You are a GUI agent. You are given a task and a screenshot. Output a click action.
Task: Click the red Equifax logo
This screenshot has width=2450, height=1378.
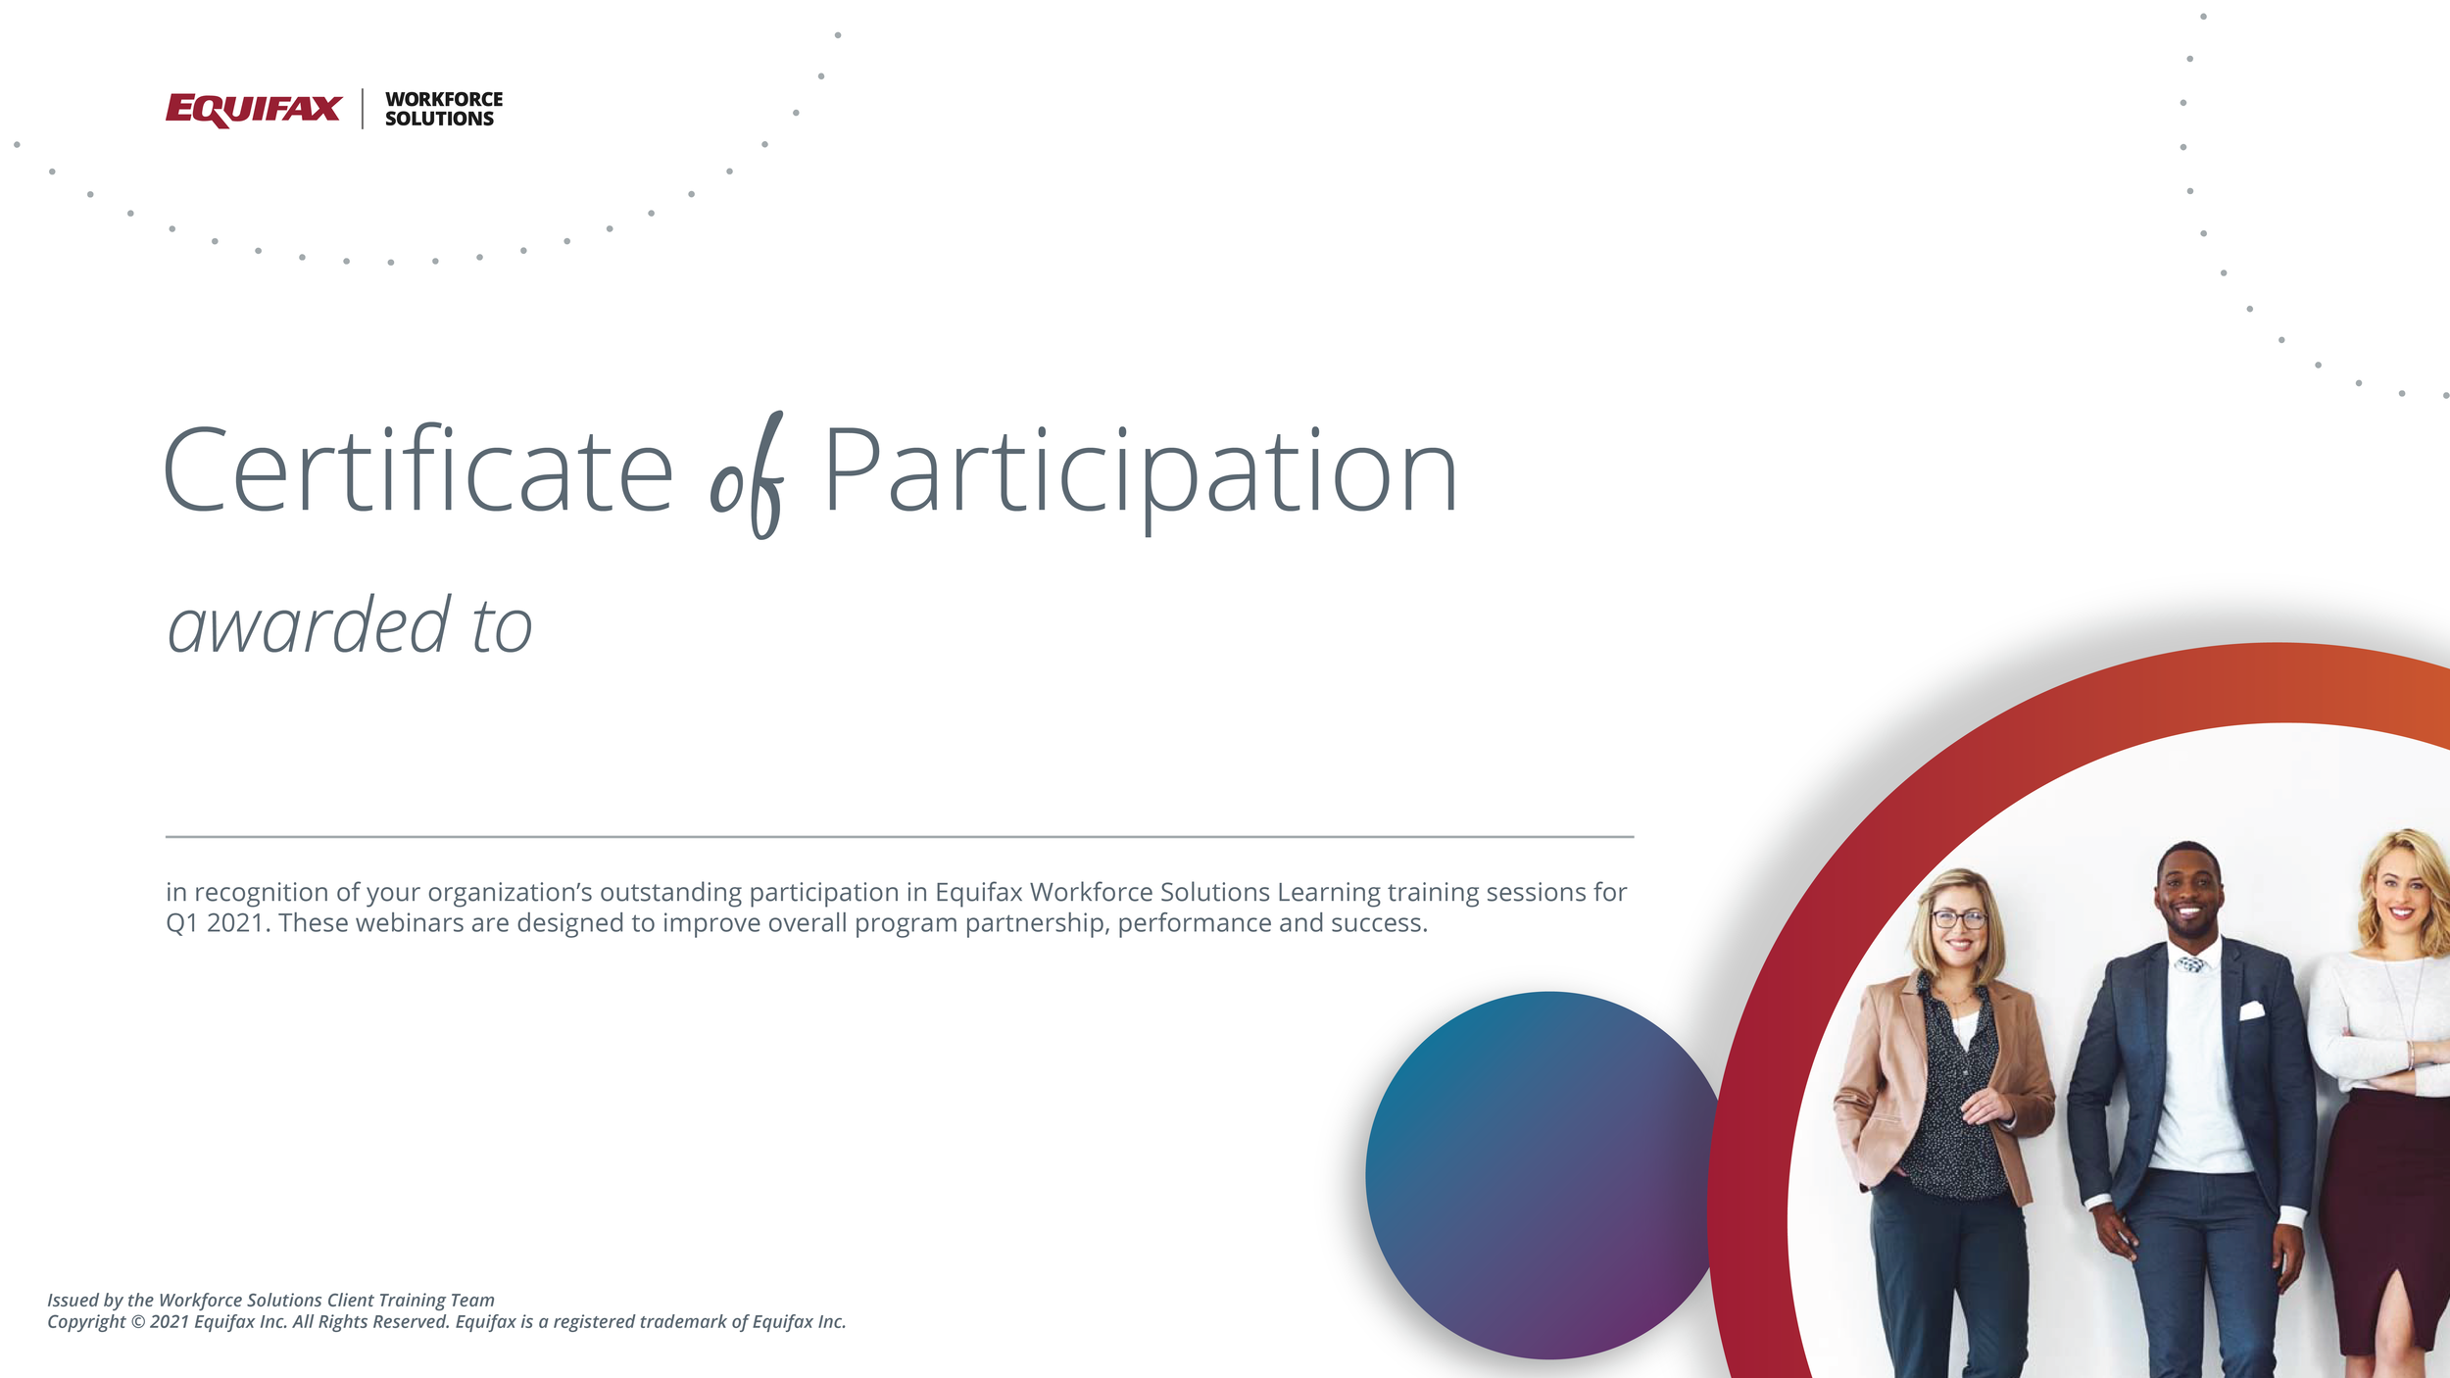tap(253, 109)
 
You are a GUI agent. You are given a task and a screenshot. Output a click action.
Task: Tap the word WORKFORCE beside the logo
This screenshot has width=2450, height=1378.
tap(444, 99)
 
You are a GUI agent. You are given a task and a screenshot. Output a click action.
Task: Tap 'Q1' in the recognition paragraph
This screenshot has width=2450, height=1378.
tap(182, 923)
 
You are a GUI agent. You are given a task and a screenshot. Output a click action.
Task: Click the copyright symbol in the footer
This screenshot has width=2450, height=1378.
tap(138, 1322)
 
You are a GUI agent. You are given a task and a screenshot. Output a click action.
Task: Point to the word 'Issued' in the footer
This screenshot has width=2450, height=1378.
tap(73, 1301)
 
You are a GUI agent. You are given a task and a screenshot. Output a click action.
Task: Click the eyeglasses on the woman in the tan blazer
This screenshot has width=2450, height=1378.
tap(1958, 919)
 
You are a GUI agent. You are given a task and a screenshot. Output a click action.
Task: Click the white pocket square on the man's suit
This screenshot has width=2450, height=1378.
tap(2252, 1010)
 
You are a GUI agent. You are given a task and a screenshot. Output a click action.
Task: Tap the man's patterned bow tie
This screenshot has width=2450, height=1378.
tap(2191, 964)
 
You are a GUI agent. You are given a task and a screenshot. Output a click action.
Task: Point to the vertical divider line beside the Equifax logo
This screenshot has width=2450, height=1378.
tap(363, 109)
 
